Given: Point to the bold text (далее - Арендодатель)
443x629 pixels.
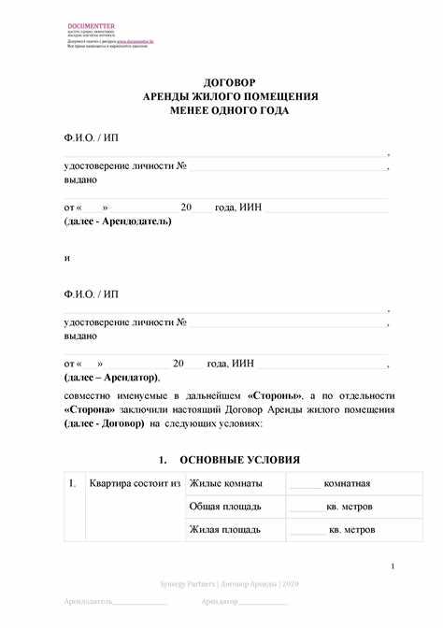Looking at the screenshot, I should tap(118, 222).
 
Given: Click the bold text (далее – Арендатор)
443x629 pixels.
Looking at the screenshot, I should tap(112, 377).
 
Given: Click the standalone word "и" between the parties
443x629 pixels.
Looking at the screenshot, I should tap(67, 257).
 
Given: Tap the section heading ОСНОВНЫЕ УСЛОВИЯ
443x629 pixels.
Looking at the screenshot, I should tap(239, 460).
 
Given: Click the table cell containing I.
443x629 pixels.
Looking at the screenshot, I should tap(73, 483).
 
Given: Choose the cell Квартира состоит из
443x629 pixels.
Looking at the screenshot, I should tap(135, 483).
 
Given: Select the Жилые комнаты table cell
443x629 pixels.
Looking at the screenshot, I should tap(226, 483).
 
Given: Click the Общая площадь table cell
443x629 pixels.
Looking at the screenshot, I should tap(225, 506).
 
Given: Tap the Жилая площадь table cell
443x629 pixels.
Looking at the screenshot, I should tap(225, 529).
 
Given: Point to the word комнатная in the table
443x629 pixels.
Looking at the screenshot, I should tap(348, 483).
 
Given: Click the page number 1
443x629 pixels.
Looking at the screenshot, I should tap(393, 566).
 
